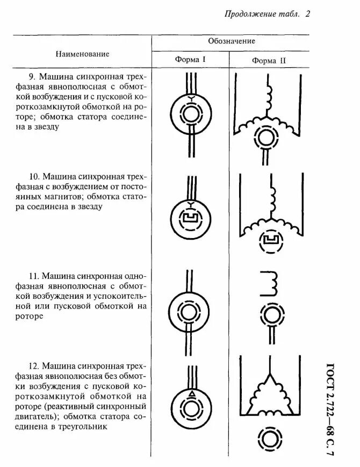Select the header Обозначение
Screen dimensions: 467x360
click(231, 41)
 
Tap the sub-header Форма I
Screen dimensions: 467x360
click(190, 59)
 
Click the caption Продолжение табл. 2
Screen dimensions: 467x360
click(267, 15)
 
